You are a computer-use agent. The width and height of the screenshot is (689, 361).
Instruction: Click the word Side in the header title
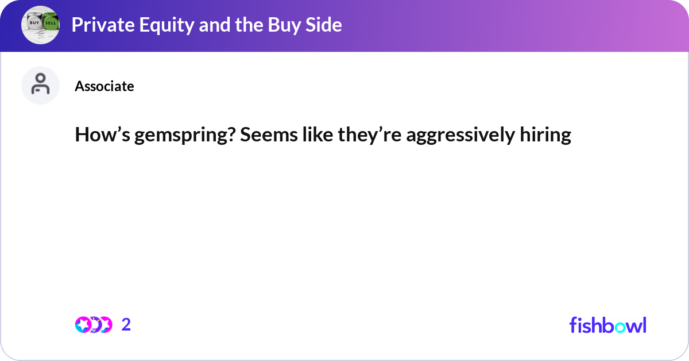[322, 25]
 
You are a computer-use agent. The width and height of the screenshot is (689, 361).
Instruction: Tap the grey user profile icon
[40, 85]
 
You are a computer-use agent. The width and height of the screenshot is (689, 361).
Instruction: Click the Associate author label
[104, 86]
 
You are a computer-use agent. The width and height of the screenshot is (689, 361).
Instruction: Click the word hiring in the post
[548, 135]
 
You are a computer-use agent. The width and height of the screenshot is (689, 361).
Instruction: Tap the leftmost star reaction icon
[83, 325]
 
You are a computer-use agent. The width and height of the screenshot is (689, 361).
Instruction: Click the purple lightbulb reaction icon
[95, 325]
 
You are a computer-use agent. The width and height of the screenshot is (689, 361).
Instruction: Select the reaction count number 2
[126, 325]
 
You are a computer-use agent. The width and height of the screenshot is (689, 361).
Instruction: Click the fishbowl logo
[607, 325]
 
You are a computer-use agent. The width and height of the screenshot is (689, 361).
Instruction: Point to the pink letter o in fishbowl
[619, 327]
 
